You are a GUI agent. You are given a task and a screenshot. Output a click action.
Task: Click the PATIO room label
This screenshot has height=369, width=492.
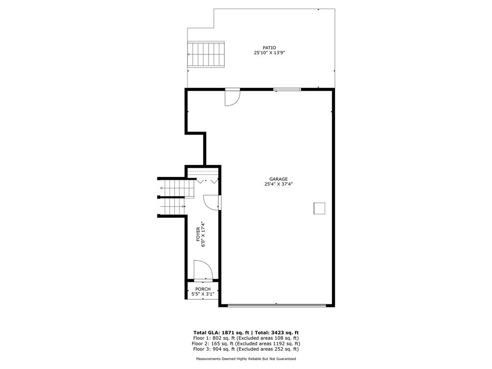269,48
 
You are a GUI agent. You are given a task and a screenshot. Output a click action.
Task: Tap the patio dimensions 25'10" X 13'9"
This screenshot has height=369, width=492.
269,53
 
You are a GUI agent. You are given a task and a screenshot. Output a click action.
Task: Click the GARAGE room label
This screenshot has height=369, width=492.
278,179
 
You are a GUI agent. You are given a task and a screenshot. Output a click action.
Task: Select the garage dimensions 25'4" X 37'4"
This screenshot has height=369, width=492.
278,184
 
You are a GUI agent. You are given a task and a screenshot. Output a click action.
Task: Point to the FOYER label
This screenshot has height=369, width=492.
198,234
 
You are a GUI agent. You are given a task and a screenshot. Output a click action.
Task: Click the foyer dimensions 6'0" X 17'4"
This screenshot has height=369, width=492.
203,234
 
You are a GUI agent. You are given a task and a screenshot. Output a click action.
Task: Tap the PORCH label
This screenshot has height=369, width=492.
203,289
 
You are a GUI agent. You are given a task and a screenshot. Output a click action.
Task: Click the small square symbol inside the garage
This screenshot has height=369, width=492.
319,209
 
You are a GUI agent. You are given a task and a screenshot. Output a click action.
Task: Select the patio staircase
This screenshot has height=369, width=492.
206,54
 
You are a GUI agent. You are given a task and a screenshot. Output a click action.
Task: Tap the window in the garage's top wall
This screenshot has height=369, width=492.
287,90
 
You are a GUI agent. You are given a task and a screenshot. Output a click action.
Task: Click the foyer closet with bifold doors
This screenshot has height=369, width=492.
203,176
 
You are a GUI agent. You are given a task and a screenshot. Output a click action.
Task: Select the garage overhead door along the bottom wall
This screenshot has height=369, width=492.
277,305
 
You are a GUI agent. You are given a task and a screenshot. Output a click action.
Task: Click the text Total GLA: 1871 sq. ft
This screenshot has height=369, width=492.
221,333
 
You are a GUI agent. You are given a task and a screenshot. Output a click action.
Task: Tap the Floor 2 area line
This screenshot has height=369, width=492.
246,344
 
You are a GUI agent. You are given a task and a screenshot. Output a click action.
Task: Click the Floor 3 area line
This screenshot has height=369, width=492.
246,349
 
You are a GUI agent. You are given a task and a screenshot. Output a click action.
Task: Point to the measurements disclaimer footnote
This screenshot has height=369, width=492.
246,358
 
